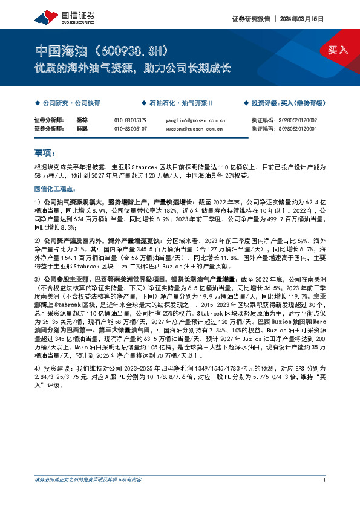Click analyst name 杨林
point(82,120)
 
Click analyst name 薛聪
point(82,128)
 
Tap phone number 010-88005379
point(130,120)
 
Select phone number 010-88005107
point(130,128)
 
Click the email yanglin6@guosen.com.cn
point(195,120)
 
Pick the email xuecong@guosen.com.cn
point(195,128)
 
